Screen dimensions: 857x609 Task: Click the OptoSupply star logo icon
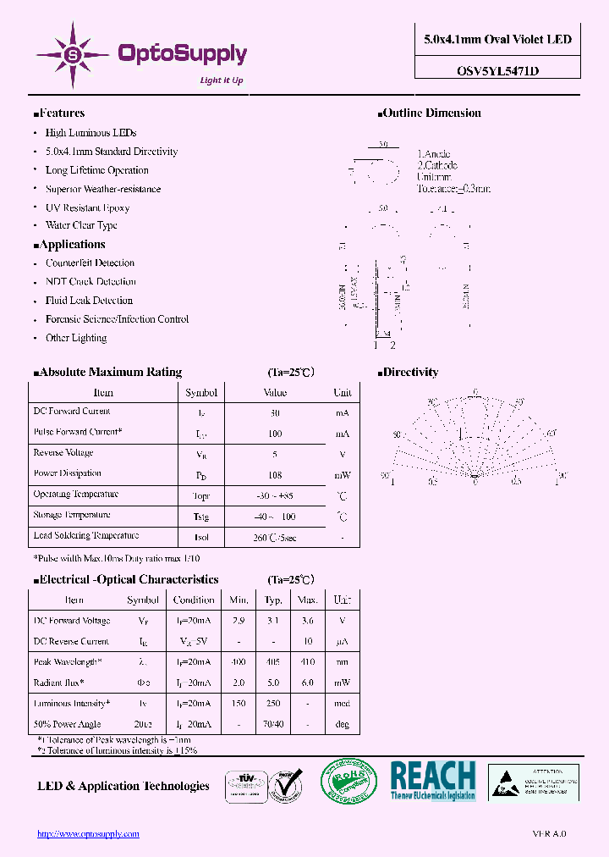[x=72, y=54]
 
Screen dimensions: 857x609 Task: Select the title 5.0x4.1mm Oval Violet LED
[x=497, y=40]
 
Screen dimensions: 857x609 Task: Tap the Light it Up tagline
[x=222, y=80]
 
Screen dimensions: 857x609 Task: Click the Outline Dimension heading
[x=431, y=113]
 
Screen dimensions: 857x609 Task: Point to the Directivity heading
[x=410, y=373]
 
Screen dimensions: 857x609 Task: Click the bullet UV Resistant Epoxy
[x=87, y=207]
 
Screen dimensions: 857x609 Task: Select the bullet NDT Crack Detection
[x=91, y=282]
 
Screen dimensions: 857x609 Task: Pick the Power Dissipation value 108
[x=274, y=475]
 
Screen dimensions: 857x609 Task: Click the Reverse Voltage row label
[x=63, y=453]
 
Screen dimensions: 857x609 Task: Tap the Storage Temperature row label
[x=72, y=515]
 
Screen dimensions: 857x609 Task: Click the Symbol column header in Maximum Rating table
[x=201, y=393]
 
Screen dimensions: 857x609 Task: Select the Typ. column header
[x=273, y=600]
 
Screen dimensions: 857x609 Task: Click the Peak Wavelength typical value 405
[x=273, y=662]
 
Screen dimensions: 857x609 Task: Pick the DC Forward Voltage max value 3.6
[x=307, y=622]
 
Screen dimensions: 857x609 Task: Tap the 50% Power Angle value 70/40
[x=273, y=724]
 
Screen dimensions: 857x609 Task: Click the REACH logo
[x=433, y=780]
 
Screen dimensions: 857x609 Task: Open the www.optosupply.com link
[x=88, y=834]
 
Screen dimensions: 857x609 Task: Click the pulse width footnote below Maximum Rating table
[x=117, y=559]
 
